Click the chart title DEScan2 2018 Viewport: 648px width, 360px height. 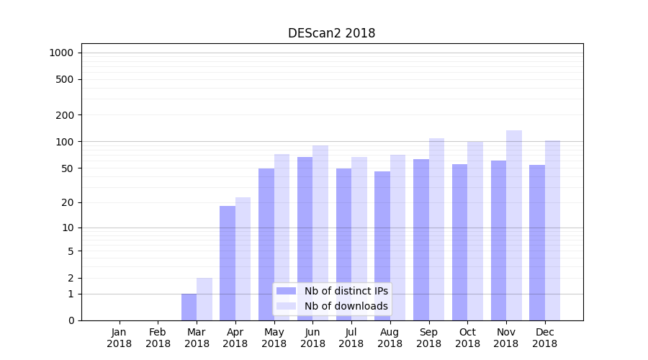point(331,33)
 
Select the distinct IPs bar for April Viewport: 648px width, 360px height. point(228,263)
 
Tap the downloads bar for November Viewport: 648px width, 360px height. point(514,225)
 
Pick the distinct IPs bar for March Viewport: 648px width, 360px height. point(189,307)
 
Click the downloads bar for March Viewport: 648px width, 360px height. point(204,299)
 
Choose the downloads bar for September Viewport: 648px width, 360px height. point(436,229)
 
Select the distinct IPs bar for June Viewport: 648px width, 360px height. point(305,238)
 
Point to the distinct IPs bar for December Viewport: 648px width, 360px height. point(537,243)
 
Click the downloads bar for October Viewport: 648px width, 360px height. point(475,230)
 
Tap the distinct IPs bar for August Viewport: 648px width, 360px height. point(382,246)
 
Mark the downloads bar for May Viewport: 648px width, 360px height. point(282,237)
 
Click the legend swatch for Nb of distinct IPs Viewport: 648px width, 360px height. point(286,291)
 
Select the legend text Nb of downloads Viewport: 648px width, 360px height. point(346,306)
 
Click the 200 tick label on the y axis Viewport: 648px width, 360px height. point(66,115)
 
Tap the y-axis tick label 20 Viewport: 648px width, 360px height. point(68,202)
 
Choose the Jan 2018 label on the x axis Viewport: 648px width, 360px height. point(120,338)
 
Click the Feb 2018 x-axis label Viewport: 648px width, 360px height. point(158,338)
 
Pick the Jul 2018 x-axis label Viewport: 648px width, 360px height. point(351,338)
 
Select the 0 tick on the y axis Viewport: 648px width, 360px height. point(71,320)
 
